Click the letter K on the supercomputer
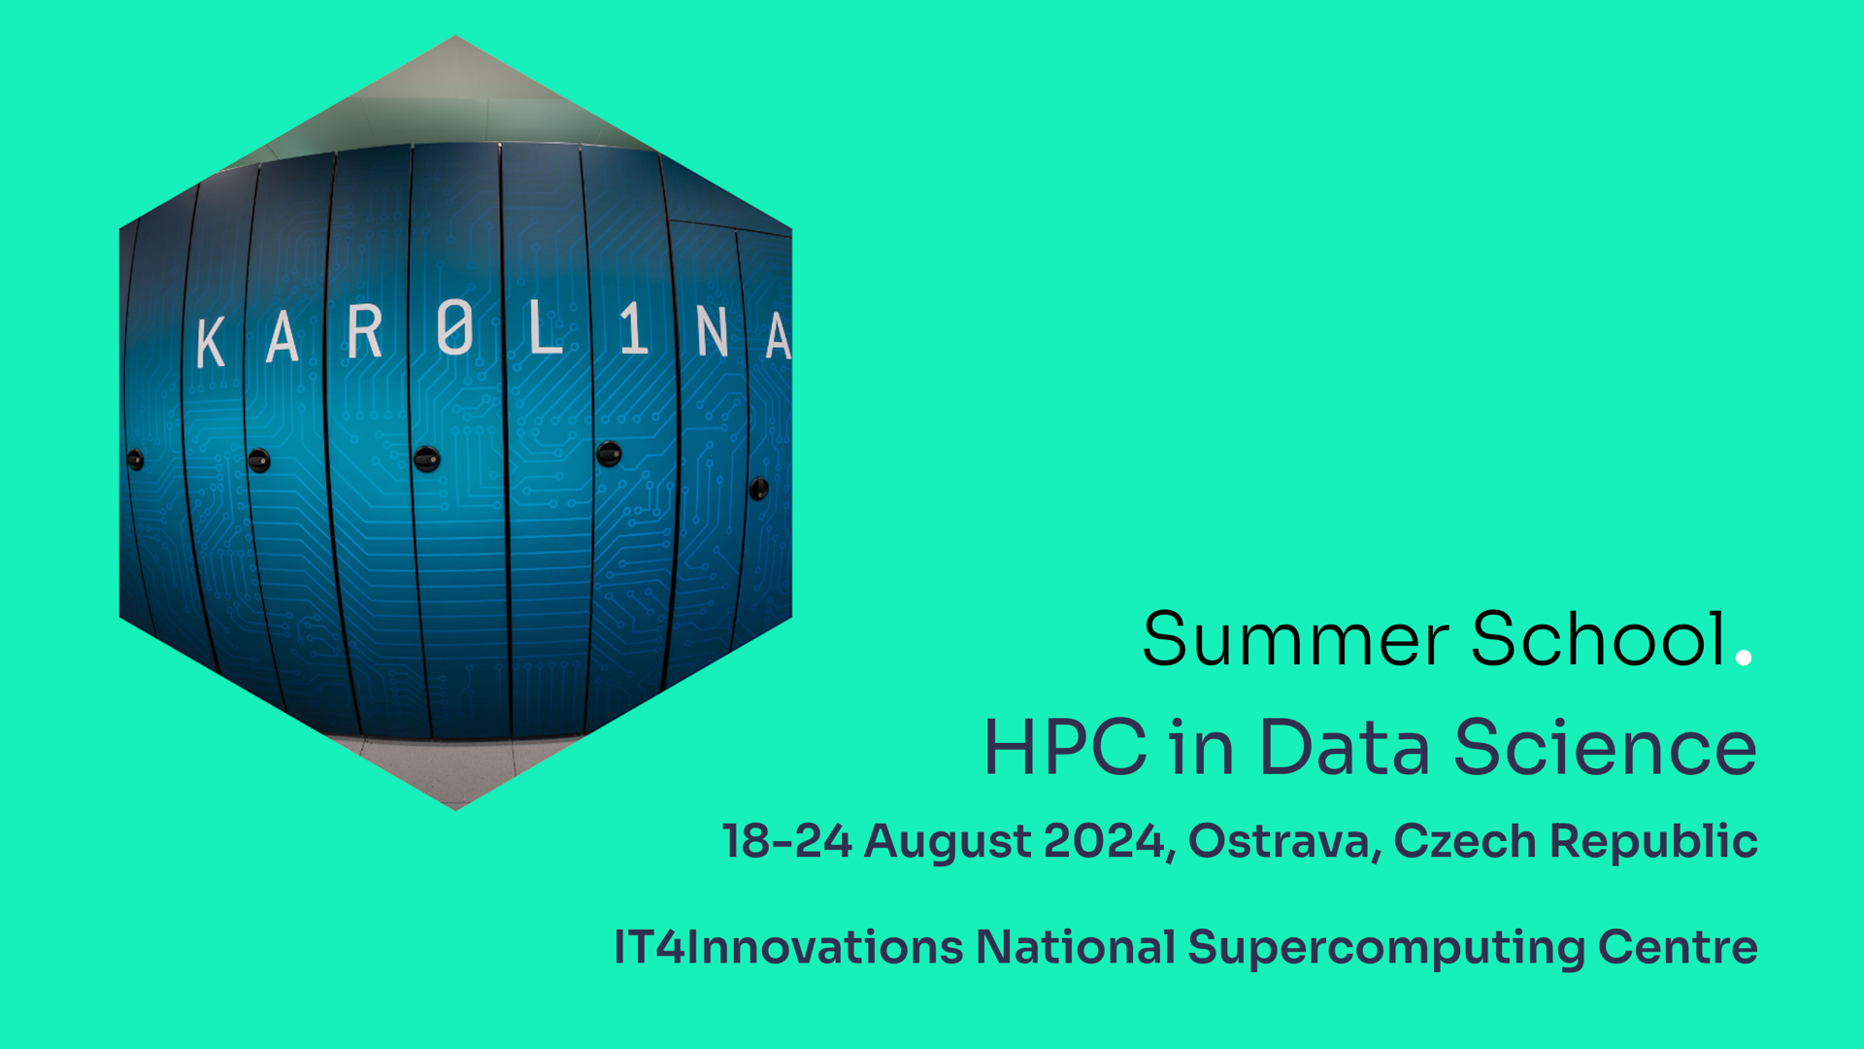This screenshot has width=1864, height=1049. pyautogui.click(x=211, y=342)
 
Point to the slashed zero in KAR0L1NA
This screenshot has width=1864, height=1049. pyautogui.click(x=454, y=327)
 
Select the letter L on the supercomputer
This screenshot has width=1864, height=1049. pyautogui.click(x=546, y=327)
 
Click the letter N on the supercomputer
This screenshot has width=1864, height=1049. pyautogui.click(x=712, y=333)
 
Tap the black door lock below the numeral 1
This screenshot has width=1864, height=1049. pyautogui.click(x=609, y=454)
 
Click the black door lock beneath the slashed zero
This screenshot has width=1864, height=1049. pyautogui.click(x=427, y=458)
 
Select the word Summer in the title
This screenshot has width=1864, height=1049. pyautogui.click(x=1296, y=640)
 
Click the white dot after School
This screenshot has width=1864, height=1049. pyautogui.click(x=1744, y=658)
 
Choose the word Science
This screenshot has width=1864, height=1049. pyautogui.click(x=1606, y=747)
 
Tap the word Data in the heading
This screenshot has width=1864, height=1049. pyautogui.click(x=1345, y=747)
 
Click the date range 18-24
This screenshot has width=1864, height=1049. pyautogui.click(x=787, y=841)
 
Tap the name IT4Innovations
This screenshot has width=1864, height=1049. pyautogui.click(x=788, y=948)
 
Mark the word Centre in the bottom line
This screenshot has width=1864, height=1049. pyautogui.click(x=1678, y=948)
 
